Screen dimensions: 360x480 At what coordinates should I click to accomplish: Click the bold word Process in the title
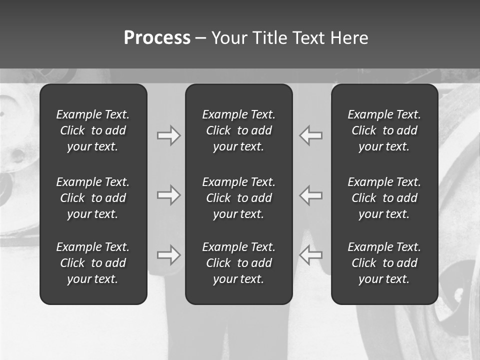coord(157,38)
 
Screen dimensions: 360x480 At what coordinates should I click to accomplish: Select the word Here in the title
coord(349,38)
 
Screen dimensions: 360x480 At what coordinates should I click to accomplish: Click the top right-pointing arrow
coord(169,135)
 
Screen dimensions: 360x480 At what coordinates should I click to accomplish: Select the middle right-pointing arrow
coord(169,195)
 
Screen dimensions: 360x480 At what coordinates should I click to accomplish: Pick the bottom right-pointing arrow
coord(169,255)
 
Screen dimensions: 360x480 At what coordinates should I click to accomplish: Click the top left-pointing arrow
coord(310,135)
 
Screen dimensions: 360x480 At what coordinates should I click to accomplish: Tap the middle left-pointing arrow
coord(310,195)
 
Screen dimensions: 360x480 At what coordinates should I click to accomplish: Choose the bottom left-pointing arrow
coord(310,255)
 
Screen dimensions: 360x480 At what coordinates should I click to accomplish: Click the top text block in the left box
coord(93,130)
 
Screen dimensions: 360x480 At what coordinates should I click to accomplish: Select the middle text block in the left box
coord(93,198)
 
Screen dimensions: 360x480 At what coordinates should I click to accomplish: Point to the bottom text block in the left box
coord(93,263)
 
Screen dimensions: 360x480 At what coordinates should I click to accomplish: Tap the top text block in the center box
coord(238,130)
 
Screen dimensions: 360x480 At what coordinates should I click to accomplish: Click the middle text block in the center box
coord(238,198)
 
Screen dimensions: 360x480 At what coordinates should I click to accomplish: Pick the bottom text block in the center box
coord(238,263)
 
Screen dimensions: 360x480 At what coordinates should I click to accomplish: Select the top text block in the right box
coord(384,130)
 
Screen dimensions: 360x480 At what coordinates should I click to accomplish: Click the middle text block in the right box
coord(384,198)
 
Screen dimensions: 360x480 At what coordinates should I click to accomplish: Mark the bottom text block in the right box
coord(384,263)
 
